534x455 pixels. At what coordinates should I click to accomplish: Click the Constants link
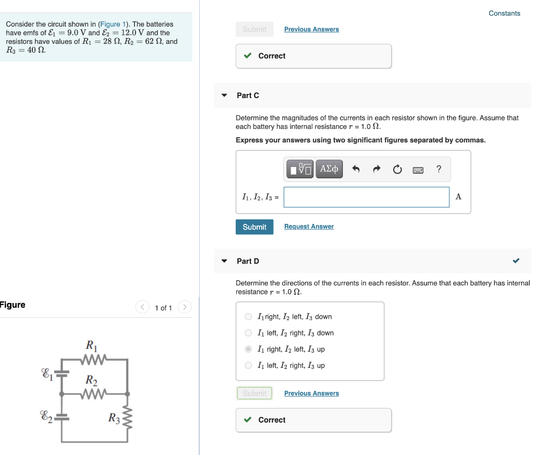point(504,14)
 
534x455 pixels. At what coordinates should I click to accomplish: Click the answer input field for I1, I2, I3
point(366,197)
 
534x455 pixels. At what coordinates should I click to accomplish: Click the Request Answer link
point(309,226)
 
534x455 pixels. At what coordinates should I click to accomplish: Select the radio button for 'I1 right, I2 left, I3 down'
point(248,317)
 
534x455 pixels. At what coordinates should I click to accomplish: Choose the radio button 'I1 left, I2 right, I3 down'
point(248,333)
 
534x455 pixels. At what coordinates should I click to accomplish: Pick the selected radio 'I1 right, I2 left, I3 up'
point(248,349)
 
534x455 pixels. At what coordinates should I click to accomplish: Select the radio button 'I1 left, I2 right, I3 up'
point(248,365)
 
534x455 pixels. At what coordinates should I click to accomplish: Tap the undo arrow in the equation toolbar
point(356,169)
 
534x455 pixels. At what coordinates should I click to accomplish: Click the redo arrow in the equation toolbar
point(377,169)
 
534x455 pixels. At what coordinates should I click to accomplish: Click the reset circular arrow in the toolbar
point(397,169)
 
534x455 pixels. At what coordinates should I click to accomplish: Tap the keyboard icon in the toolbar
point(418,170)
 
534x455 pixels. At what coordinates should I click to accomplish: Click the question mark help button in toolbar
point(439,169)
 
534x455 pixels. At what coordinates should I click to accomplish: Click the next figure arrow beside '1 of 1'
point(185,307)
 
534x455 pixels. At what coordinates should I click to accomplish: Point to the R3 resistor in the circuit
point(128,417)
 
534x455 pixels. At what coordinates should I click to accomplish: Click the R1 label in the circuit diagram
point(91,345)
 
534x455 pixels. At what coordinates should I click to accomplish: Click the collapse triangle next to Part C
point(224,95)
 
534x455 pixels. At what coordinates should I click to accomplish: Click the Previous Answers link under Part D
point(311,393)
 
